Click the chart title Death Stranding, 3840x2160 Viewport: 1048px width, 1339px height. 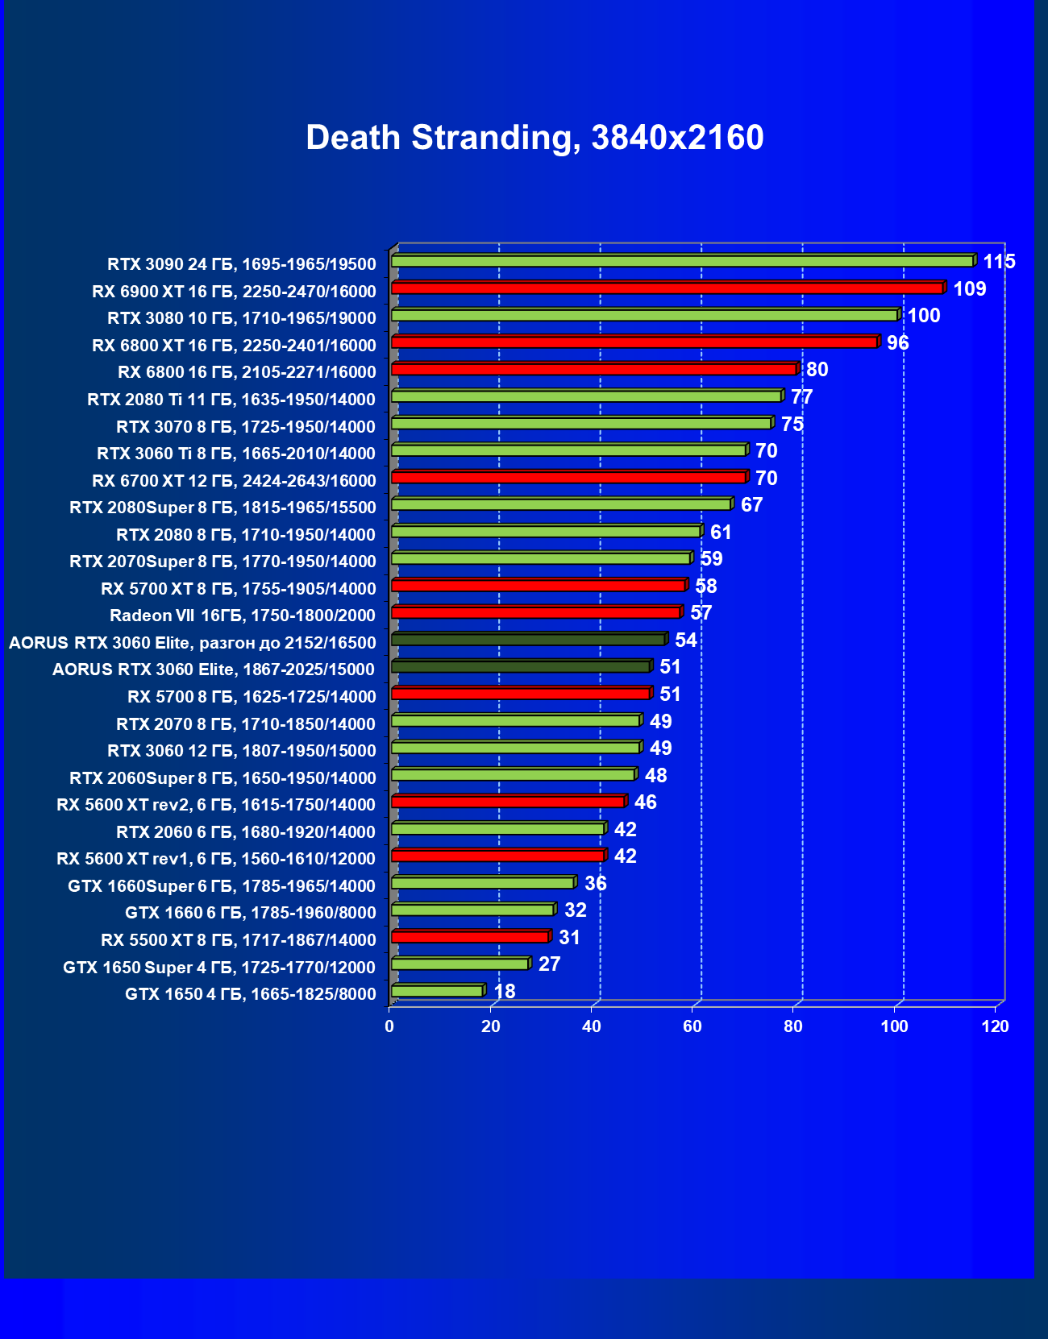tap(534, 138)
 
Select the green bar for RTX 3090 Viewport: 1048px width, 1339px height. tap(682, 261)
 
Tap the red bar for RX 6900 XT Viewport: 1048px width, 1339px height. tap(667, 288)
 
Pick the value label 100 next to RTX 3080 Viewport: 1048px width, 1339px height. tap(924, 316)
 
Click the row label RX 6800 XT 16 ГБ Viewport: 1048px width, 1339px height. tap(234, 346)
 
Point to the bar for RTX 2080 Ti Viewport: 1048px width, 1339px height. tap(586, 396)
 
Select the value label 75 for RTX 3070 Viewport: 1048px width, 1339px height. tap(792, 424)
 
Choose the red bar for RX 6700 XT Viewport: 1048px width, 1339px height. tap(568, 478)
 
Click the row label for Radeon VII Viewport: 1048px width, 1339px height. tap(243, 616)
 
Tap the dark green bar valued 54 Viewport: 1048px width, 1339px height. tap(528, 640)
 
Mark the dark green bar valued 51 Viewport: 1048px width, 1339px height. tap(521, 666)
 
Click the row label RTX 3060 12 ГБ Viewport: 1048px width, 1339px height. tap(242, 751)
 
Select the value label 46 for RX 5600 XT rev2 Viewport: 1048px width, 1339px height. tap(645, 802)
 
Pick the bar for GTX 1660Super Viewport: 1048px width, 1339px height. tap(482, 883)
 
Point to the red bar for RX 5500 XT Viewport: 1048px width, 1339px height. tap(470, 937)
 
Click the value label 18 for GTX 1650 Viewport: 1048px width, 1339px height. tap(504, 991)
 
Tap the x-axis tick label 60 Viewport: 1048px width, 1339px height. tap(692, 1026)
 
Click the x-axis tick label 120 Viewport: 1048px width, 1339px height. tap(996, 1026)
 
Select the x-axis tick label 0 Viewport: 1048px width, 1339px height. tap(389, 1026)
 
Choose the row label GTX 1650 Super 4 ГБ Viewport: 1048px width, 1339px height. tap(219, 967)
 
